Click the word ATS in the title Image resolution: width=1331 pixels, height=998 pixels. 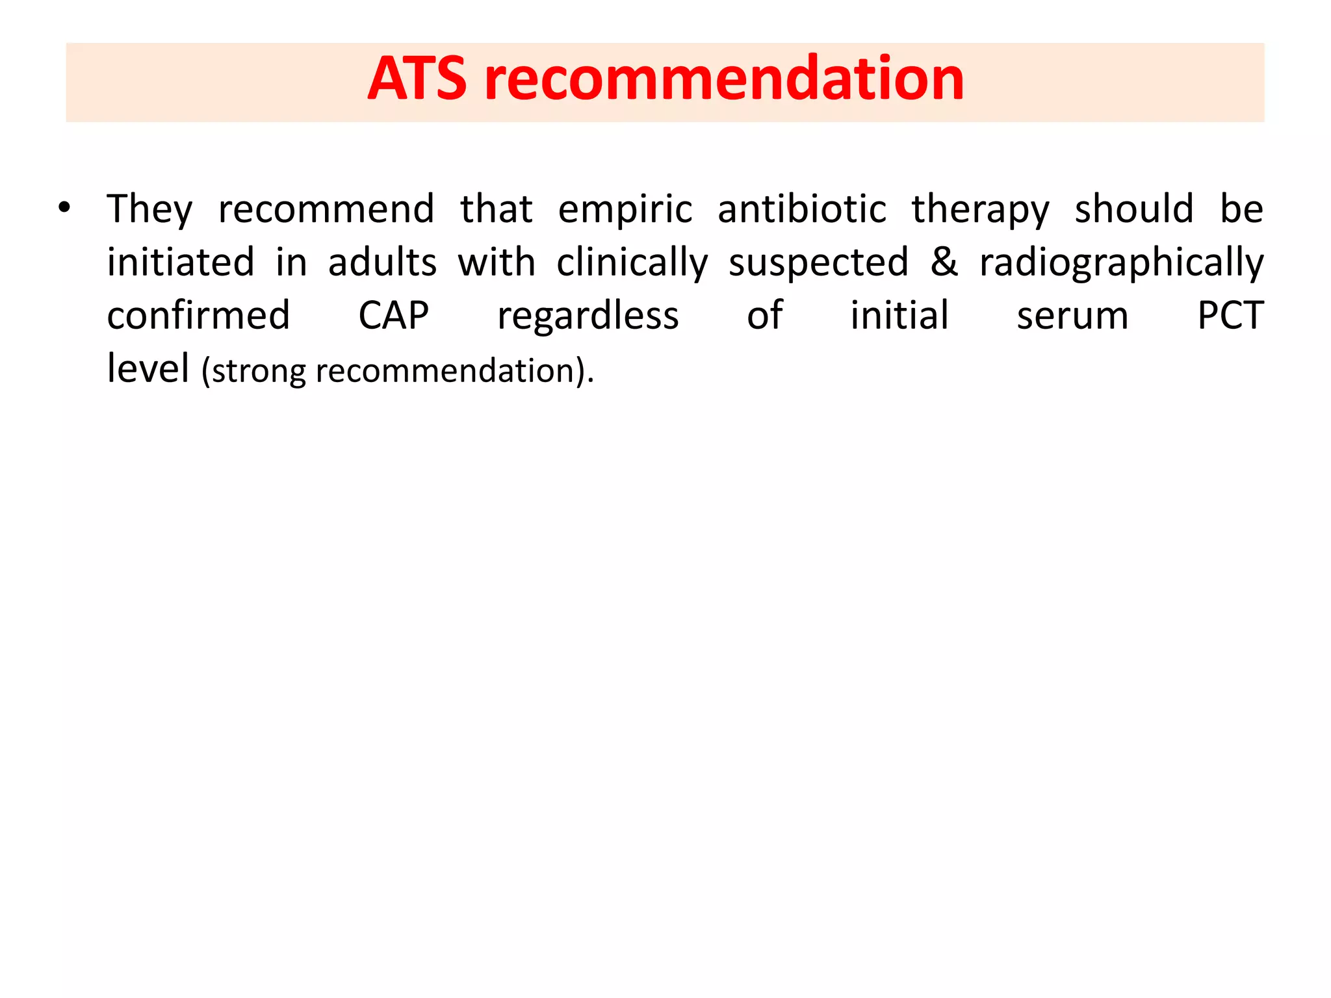(417, 79)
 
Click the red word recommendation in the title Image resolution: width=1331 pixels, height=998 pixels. (724, 79)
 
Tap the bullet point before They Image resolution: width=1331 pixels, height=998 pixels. (64, 209)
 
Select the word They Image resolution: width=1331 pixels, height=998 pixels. (150, 210)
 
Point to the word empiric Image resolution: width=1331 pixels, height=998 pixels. (625, 210)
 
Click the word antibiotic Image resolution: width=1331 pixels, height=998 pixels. (802, 210)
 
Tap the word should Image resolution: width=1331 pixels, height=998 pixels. (1134, 209)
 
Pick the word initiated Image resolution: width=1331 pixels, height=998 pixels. (181, 262)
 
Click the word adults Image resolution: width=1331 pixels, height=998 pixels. (382, 262)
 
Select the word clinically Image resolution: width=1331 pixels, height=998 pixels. (632, 264)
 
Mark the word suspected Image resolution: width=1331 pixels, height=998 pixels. (818, 264)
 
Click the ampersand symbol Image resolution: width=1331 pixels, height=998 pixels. (944, 262)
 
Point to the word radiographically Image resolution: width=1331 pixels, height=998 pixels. (1122, 264)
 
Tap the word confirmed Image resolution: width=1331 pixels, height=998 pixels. (198, 316)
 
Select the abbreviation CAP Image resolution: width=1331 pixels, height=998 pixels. (394, 316)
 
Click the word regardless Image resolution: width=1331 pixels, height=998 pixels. (588, 317)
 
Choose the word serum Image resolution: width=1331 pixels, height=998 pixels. (1072, 316)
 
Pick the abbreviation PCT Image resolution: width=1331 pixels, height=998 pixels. (1230, 316)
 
